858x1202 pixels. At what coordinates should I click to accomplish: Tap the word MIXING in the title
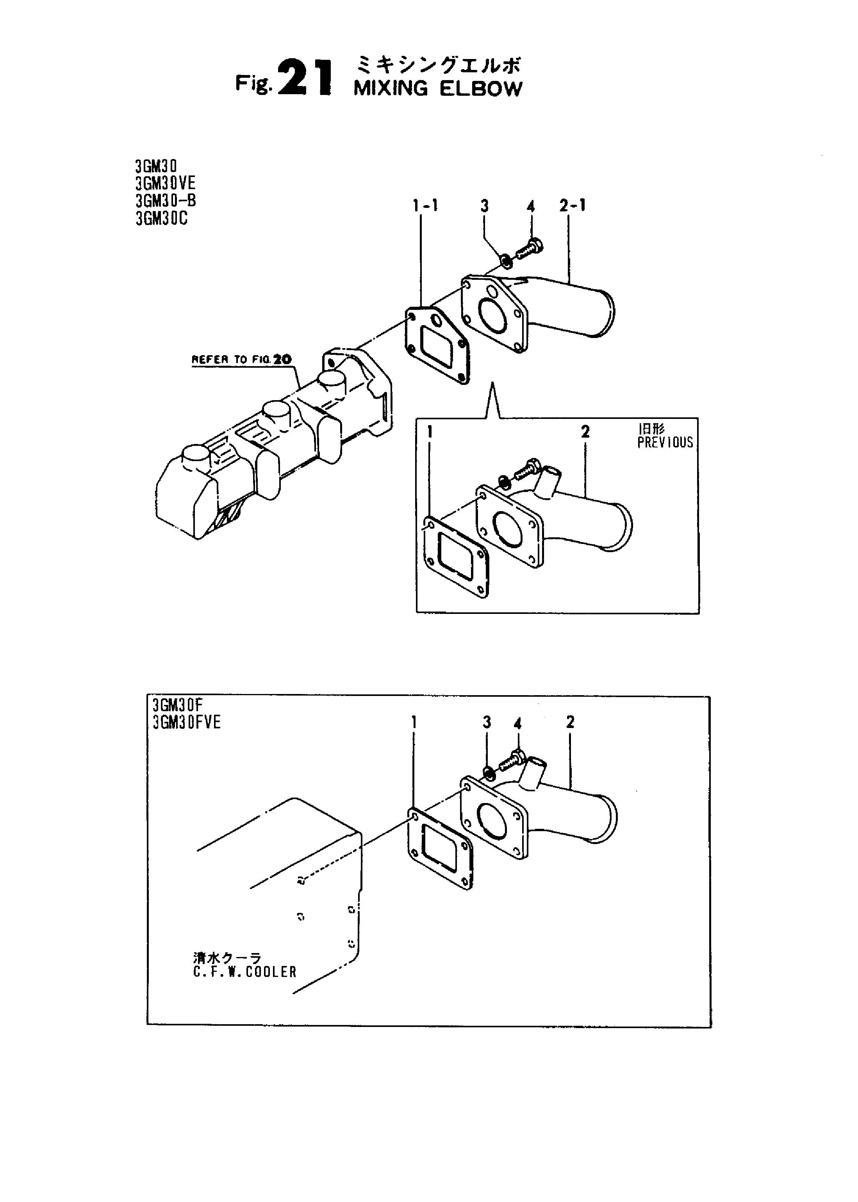click(x=391, y=89)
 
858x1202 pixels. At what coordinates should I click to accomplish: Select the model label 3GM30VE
click(x=165, y=183)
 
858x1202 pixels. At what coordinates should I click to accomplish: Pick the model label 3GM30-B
click(x=165, y=201)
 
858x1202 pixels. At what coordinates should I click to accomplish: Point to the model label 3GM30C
click(x=161, y=218)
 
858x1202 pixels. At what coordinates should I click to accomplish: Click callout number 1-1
click(x=425, y=205)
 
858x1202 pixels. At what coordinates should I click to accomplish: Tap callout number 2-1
click(x=572, y=205)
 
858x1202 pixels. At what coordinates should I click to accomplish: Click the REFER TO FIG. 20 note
click(x=241, y=360)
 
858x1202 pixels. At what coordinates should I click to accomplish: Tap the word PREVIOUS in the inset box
click(x=665, y=442)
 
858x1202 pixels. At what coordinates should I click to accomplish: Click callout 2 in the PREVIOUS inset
click(x=585, y=432)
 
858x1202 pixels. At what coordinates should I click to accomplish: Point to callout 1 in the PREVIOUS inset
click(x=430, y=432)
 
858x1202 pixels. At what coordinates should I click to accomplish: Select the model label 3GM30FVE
click(x=187, y=723)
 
